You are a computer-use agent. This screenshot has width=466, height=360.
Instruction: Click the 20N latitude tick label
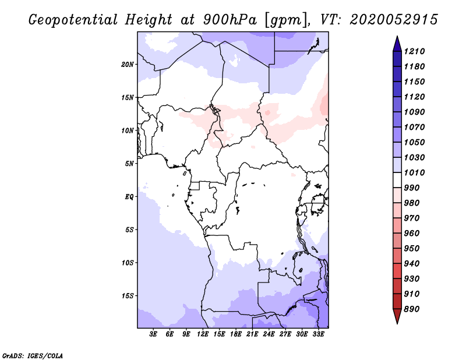tap(128, 64)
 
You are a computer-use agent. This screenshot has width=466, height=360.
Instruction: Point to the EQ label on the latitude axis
tap(129, 196)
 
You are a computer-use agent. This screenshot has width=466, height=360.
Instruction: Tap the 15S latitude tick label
tap(128, 295)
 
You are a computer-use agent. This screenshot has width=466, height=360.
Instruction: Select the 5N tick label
tap(129, 163)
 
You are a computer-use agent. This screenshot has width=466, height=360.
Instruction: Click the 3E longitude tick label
tap(154, 334)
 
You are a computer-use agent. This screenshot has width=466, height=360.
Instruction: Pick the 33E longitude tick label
tap(319, 334)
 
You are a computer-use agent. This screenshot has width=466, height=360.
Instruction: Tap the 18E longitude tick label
tap(236, 334)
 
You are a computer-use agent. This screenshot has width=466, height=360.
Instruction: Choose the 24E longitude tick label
tap(269, 334)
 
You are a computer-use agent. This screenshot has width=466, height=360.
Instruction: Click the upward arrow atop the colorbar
tap(396, 43)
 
